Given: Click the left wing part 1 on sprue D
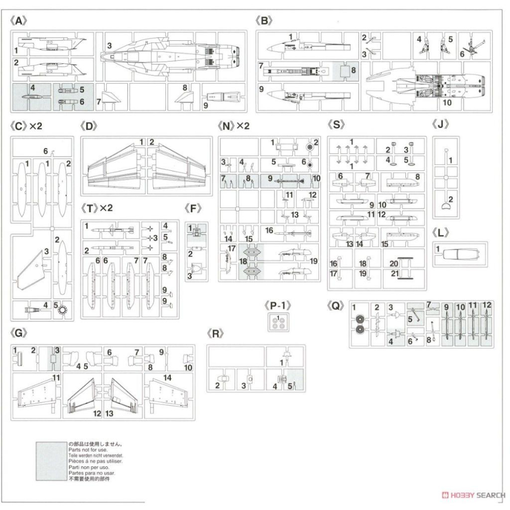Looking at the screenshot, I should (115, 166).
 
